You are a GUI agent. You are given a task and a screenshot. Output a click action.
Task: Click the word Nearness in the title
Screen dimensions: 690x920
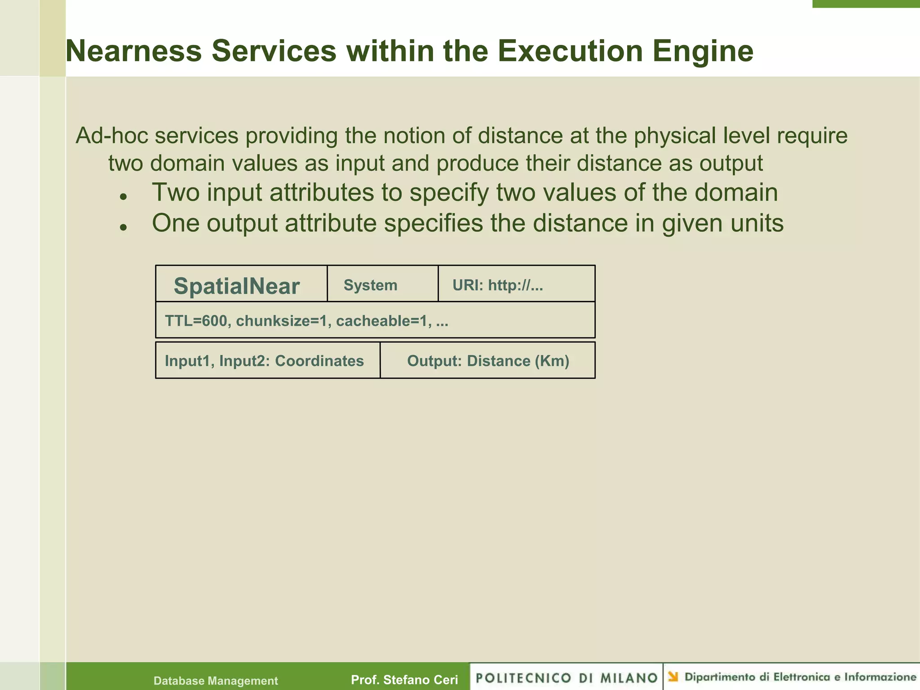coord(134,51)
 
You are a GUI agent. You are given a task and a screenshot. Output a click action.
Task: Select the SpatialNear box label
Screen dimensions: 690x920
coord(236,286)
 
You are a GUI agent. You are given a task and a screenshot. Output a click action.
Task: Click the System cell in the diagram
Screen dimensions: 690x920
coord(370,285)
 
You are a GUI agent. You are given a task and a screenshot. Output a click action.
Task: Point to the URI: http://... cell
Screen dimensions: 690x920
coord(498,285)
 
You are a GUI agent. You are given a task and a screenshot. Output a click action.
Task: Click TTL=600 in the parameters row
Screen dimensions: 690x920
coord(196,321)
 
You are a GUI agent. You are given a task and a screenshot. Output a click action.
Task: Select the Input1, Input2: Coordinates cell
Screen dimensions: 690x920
coord(264,361)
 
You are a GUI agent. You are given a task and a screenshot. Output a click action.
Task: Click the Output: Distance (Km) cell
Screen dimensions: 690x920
coord(488,361)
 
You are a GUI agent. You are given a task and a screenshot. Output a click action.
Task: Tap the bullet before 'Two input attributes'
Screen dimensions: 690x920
coord(124,197)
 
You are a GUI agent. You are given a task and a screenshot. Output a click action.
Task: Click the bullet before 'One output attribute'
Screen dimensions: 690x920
coord(124,227)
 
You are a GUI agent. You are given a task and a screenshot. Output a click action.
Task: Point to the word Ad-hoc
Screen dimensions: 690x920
coord(112,136)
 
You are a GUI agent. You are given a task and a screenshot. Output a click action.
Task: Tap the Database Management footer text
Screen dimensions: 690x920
coord(216,681)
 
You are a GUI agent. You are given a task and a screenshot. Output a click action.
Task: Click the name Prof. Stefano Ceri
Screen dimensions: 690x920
coord(404,680)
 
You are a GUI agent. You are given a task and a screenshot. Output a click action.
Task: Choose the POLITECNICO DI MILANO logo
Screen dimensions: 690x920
coord(566,677)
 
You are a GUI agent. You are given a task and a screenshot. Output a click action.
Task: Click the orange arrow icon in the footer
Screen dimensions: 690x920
coord(673,677)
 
